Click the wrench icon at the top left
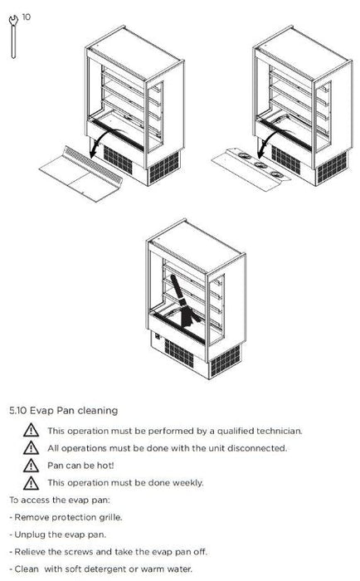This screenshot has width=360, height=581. click(x=13, y=37)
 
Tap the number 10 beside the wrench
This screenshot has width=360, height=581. click(x=27, y=17)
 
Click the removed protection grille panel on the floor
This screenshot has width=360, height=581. click(x=80, y=173)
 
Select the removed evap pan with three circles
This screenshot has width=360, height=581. click(x=251, y=169)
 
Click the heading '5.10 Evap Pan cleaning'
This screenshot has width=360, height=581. click(x=64, y=411)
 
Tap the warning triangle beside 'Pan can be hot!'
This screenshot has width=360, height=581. click(x=32, y=466)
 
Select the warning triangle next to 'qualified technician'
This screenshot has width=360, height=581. click(x=32, y=431)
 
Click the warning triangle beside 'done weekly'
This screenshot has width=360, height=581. click(x=32, y=483)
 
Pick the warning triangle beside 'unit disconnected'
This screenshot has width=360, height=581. click(x=32, y=448)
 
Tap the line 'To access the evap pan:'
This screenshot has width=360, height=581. click(x=60, y=500)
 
